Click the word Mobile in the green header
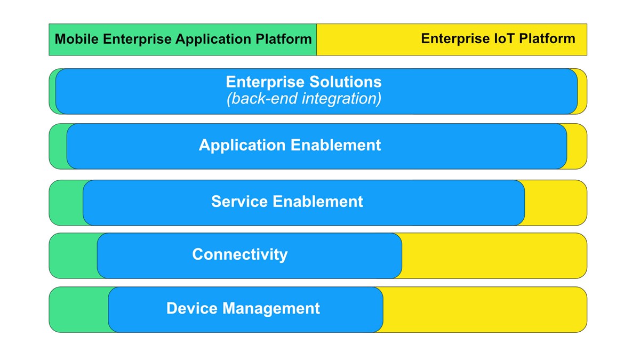[x=75, y=39]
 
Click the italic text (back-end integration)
[x=304, y=99]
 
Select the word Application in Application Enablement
[x=242, y=145]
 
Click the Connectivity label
[x=239, y=254]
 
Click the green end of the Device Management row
[x=78, y=309]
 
